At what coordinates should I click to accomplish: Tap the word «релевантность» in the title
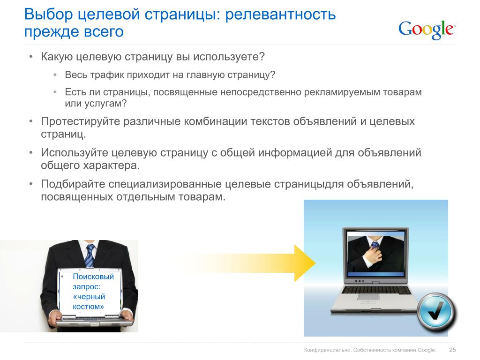click(x=280, y=14)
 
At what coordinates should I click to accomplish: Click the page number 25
click(x=452, y=350)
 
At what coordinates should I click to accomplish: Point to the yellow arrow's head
click(x=305, y=263)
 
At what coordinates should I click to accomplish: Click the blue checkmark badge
click(x=435, y=312)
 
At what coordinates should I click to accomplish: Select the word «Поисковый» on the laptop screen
click(x=93, y=277)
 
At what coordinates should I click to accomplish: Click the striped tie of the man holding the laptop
click(x=90, y=255)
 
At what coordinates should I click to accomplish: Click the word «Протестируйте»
click(x=81, y=121)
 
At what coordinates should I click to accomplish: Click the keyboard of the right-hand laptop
click(x=376, y=290)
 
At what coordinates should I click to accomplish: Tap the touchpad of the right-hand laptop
click(x=368, y=297)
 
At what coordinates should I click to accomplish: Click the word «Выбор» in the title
click(x=48, y=14)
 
